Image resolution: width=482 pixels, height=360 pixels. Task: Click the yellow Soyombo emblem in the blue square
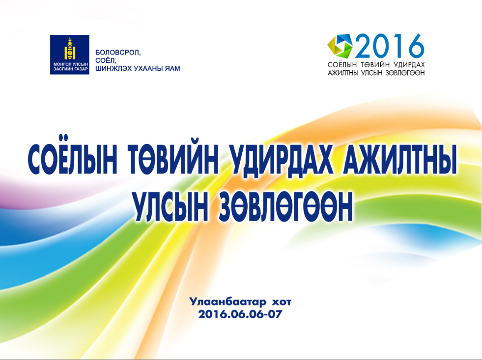(x=70, y=49)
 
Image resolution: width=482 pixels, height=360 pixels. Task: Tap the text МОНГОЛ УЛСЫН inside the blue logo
(x=70, y=64)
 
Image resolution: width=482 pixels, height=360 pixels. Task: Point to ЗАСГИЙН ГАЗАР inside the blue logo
(x=70, y=69)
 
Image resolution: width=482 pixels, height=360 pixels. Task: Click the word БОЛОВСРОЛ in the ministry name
(x=118, y=53)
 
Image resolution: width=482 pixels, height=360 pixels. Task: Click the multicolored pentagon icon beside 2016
(x=340, y=46)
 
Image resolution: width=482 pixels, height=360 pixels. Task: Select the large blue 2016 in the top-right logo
(x=390, y=46)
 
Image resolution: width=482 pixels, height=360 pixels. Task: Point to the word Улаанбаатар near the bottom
(x=228, y=302)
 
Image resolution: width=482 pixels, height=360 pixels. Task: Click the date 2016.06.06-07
(x=240, y=314)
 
